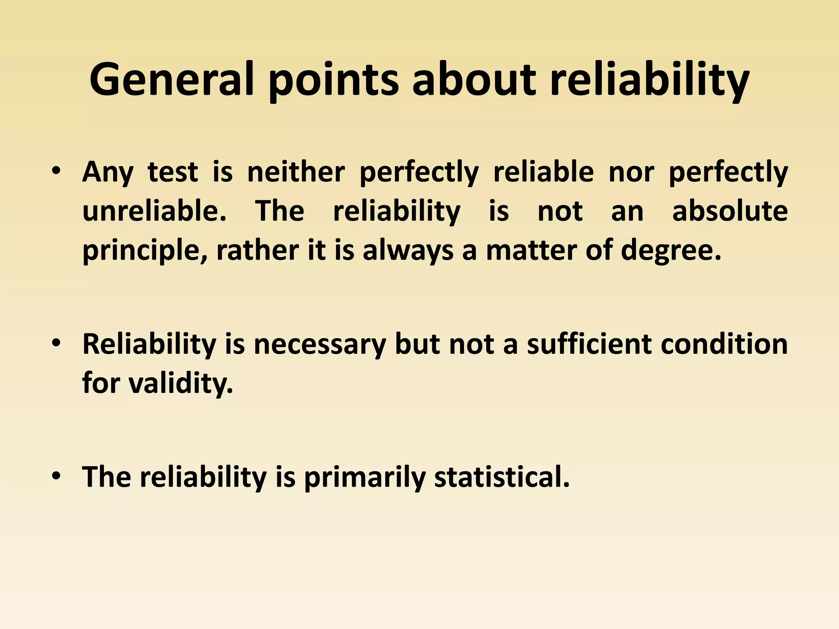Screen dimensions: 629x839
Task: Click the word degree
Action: pos(671,251)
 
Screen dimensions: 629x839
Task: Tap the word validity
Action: pos(181,383)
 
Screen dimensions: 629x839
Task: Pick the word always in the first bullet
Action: pos(408,251)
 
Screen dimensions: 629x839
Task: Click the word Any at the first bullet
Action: pos(108,172)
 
